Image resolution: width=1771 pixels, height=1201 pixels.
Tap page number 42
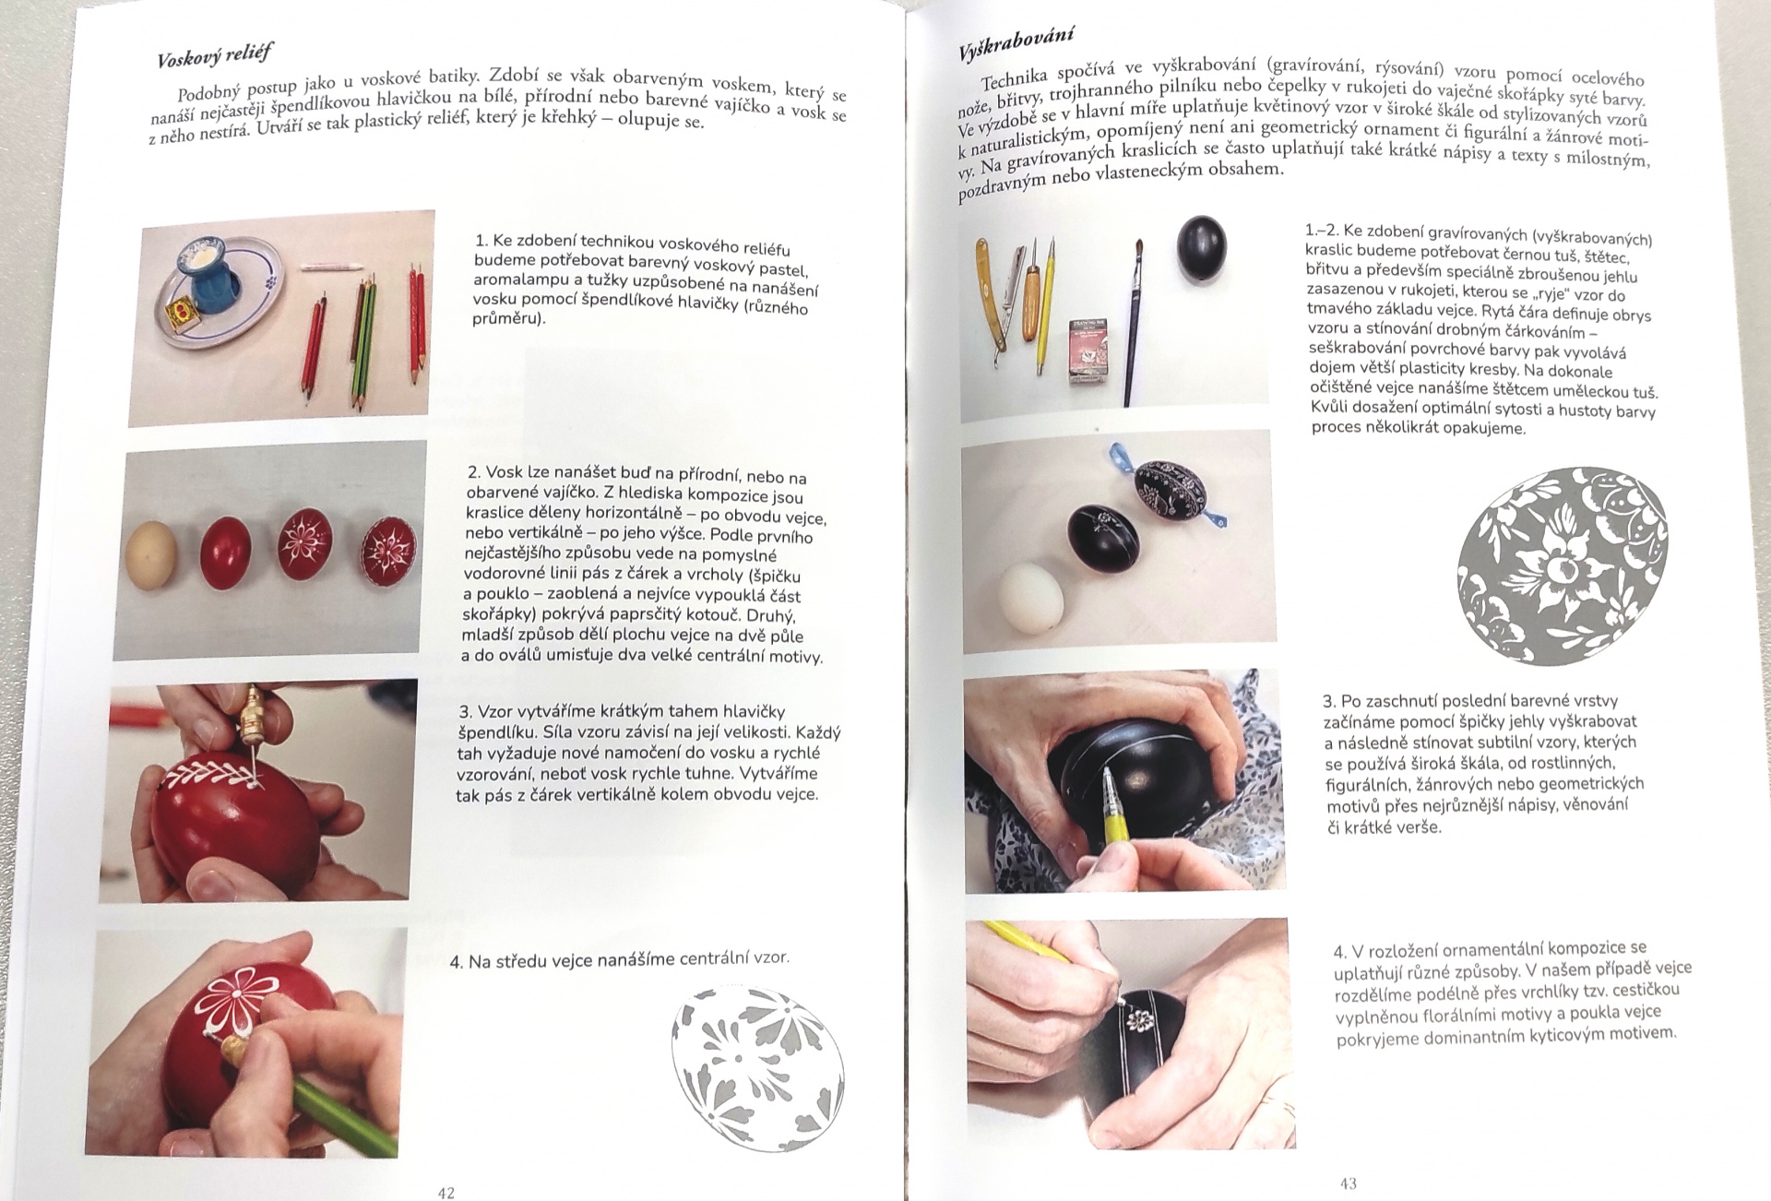point(446,1193)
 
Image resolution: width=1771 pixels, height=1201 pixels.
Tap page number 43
point(1348,1183)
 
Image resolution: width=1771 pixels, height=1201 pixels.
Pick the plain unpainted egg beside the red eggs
point(151,554)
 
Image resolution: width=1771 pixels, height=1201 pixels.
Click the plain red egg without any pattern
point(226,550)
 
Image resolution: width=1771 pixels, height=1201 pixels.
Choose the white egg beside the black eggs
point(1029,600)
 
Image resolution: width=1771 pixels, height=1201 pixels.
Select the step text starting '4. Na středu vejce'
point(620,959)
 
